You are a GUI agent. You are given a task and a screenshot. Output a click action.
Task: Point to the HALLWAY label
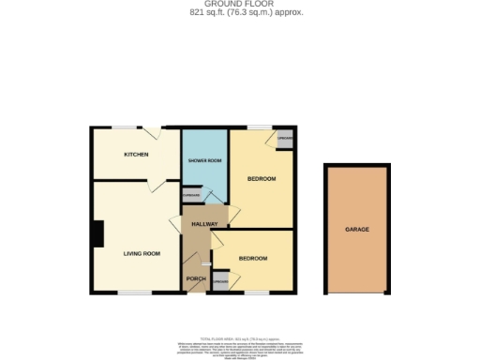click(x=204, y=224)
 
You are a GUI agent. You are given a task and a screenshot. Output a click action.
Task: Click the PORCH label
click(x=196, y=278)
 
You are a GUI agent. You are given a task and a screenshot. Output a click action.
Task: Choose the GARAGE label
click(x=356, y=230)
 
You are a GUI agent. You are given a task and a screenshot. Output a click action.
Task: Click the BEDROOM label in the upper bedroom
click(x=261, y=178)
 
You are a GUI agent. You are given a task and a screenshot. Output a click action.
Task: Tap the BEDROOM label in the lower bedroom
click(x=252, y=258)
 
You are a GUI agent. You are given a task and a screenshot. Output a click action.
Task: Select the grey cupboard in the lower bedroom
click(x=221, y=281)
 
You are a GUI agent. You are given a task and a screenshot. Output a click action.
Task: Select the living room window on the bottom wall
click(x=134, y=293)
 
